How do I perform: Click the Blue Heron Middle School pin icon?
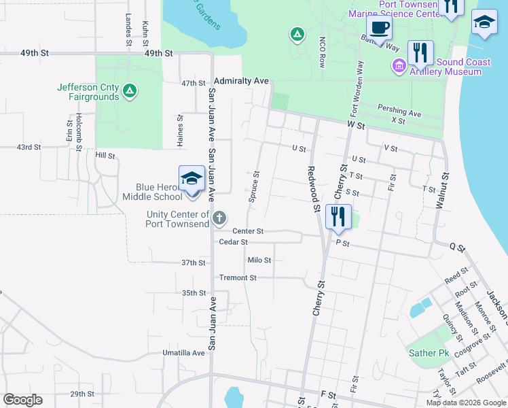tap(192, 180)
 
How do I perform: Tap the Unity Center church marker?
tap(219, 218)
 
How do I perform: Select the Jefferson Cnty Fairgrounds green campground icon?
tap(130, 89)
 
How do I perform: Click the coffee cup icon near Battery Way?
tap(379, 29)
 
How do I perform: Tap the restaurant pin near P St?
tap(338, 218)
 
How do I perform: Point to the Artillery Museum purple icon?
tap(399, 66)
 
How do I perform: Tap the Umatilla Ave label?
tap(183, 353)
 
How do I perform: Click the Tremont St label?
tap(238, 277)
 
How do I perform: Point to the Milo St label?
tap(259, 260)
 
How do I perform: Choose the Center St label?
tap(247, 231)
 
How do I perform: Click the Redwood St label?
tap(313, 189)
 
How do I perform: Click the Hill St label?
tap(105, 155)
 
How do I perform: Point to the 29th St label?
tap(81, 394)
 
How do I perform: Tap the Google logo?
tap(22, 400)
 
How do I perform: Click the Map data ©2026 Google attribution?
tap(466, 403)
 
